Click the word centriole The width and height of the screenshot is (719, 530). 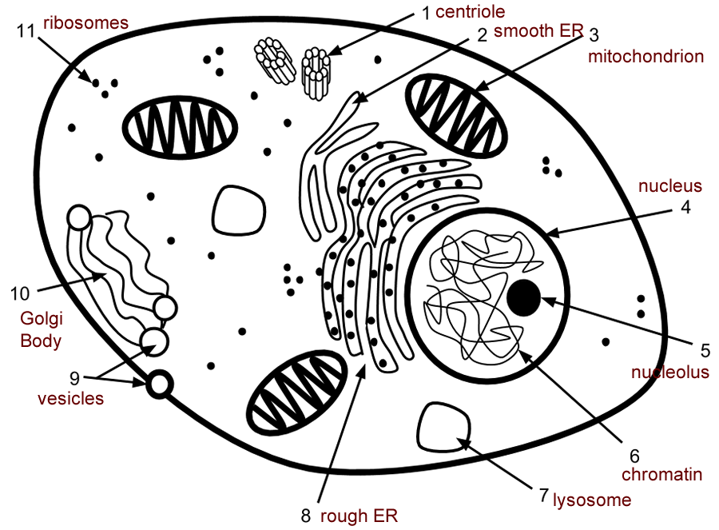coord(470,12)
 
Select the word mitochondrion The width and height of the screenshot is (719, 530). coord(646,57)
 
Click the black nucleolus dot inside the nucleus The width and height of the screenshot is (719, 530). coord(523,297)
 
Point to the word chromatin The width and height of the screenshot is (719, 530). coord(661,475)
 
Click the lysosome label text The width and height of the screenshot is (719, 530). coord(592,500)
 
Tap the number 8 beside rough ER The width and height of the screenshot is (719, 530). coord(306,516)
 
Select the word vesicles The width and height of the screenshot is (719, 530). coord(71,398)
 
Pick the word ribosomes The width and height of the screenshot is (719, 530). coord(85,22)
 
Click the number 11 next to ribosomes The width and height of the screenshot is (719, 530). coord(26,32)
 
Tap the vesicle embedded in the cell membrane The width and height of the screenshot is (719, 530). coord(160,385)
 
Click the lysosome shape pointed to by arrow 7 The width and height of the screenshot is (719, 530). coord(437,428)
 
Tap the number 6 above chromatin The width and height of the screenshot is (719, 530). coord(635,456)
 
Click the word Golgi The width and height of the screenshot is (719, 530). coord(37,318)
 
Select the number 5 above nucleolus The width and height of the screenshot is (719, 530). coord(705,350)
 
